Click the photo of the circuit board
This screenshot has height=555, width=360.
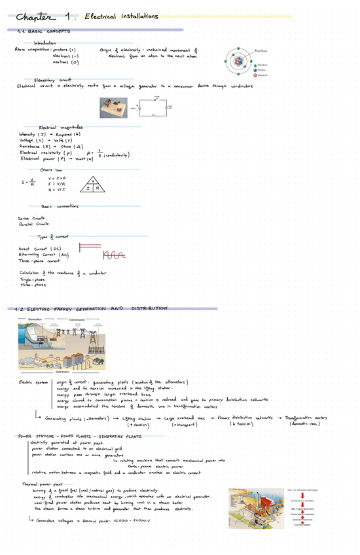tap(112, 107)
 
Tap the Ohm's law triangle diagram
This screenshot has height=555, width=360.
tap(93, 185)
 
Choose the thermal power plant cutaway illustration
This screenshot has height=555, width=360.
tap(255, 512)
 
